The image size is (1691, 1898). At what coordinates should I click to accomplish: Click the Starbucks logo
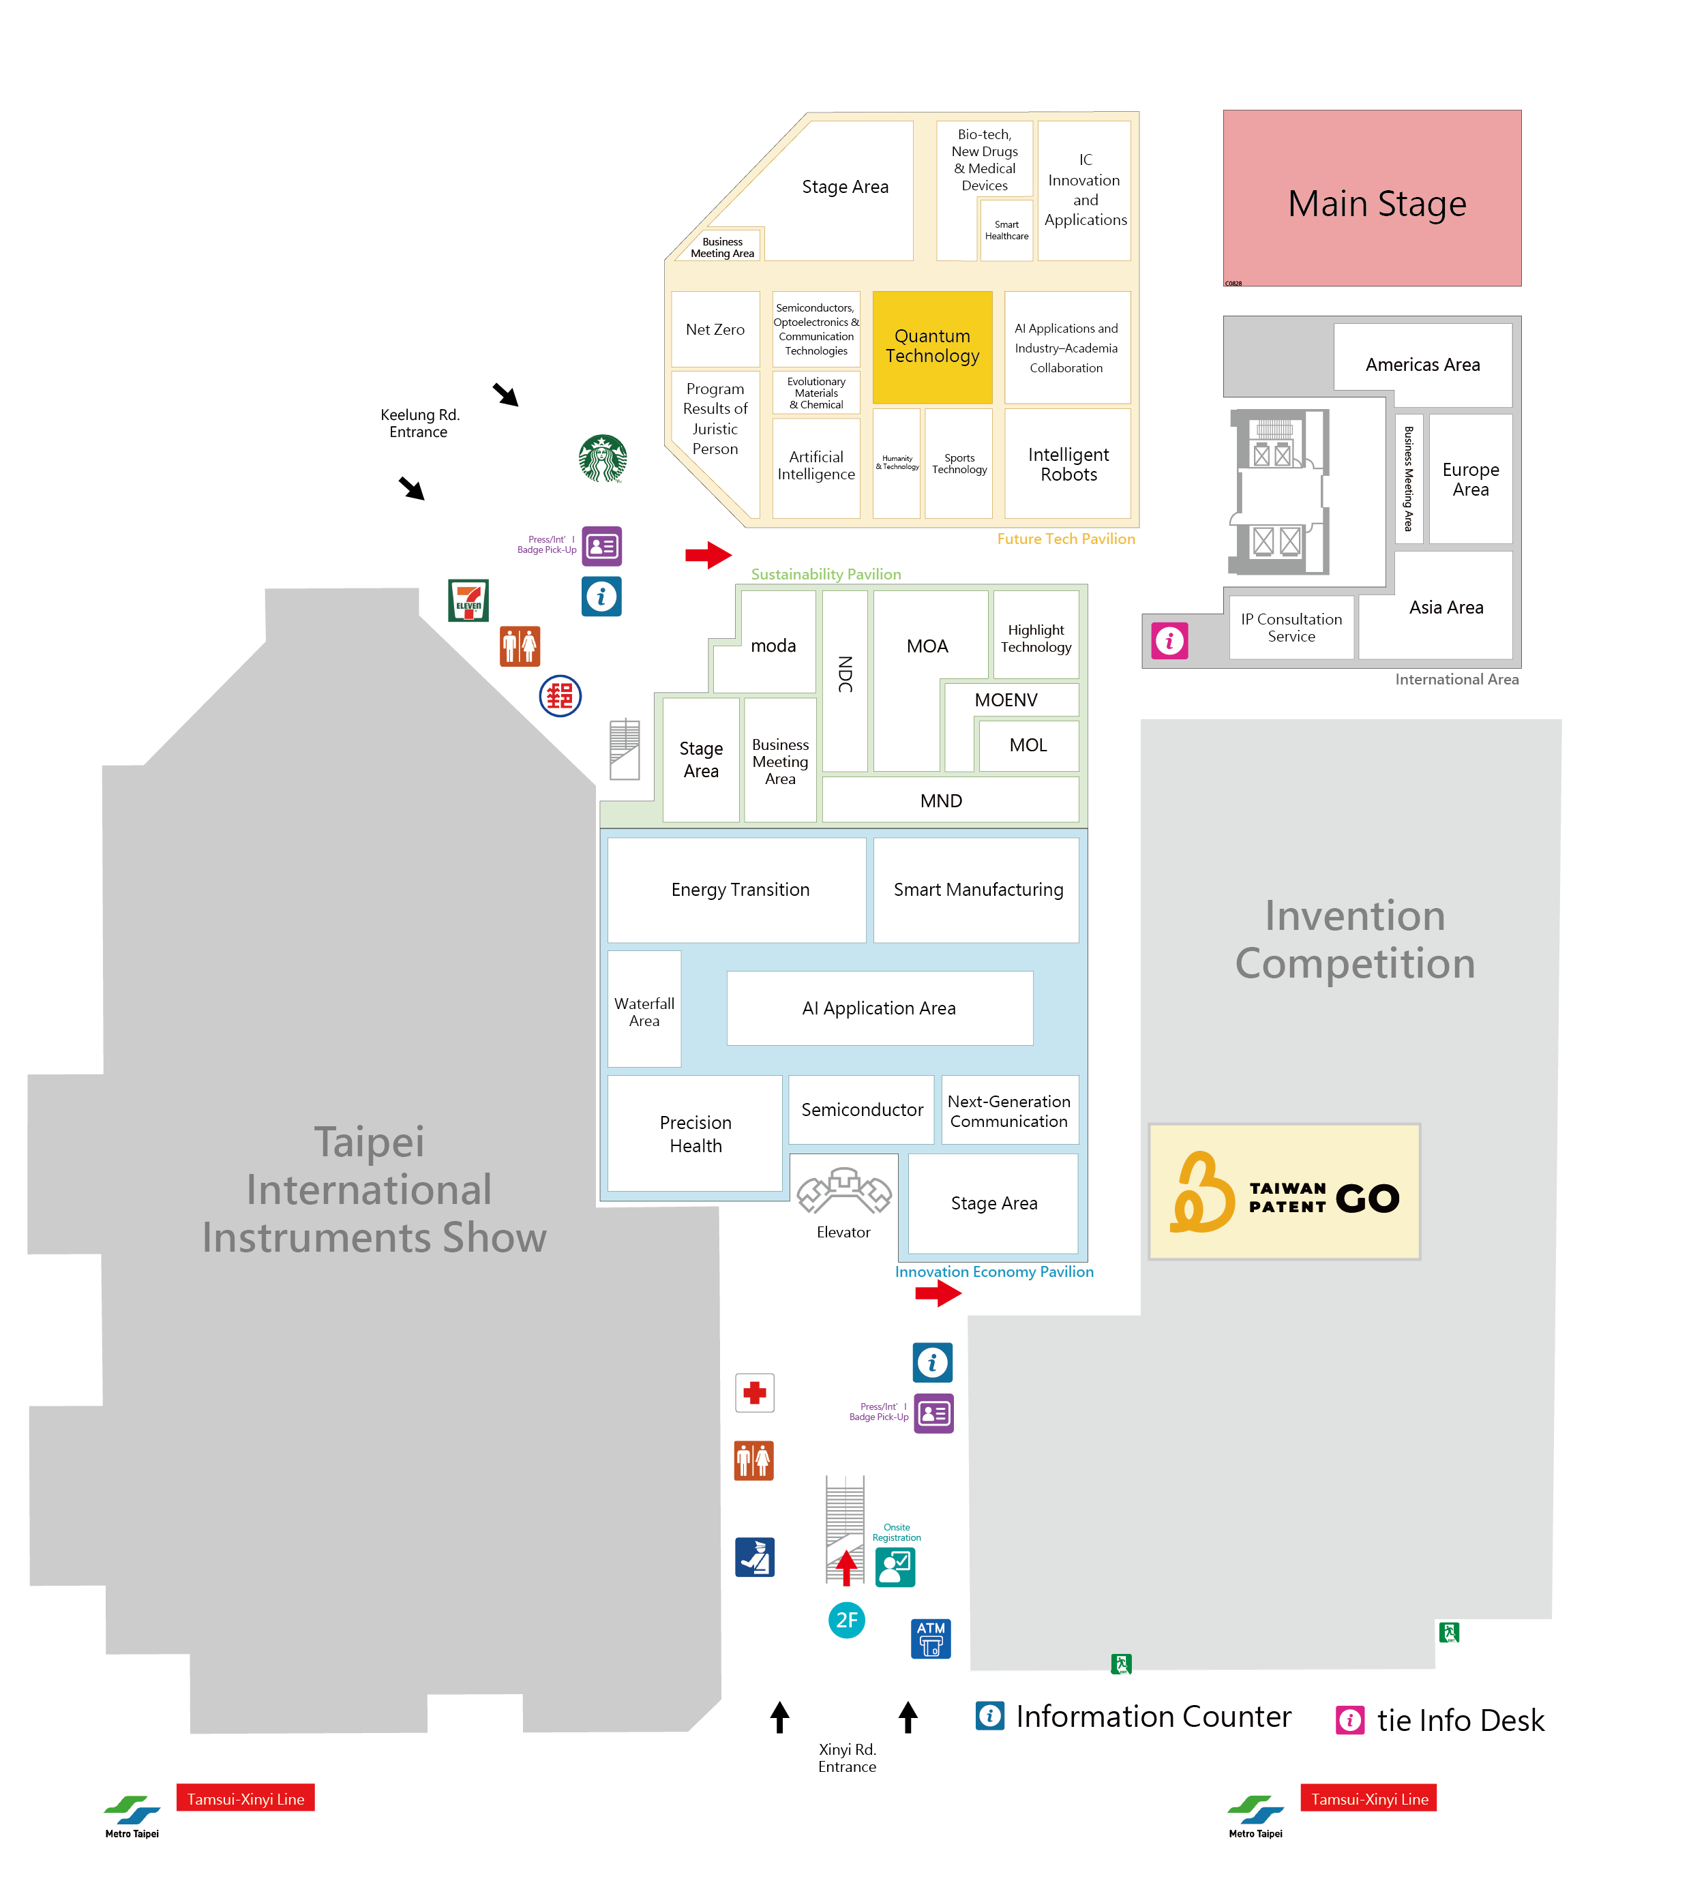(602, 458)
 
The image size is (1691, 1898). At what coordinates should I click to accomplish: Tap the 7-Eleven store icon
(468, 600)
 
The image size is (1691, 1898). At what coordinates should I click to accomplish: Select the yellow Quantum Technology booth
(932, 346)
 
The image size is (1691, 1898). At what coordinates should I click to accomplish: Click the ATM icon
(930, 1638)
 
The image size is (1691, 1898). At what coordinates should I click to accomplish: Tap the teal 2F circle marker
(846, 1621)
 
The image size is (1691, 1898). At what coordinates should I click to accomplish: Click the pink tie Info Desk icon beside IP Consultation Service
(1169, 640)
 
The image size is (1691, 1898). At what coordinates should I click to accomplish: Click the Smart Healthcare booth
(1006, 230)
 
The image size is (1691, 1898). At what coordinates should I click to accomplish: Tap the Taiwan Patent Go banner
(1284, 1192)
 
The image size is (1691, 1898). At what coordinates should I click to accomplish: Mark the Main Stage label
(1376, 203)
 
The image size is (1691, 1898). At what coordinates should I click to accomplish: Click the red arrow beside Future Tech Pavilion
(708, 555)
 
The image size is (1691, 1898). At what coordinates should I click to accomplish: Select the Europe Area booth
(1470, 479)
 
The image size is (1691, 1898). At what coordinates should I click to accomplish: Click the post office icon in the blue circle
(560, 696)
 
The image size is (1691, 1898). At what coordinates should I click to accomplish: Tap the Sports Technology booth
(959, 463)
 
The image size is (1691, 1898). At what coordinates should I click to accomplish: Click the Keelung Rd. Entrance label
(419, 423)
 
